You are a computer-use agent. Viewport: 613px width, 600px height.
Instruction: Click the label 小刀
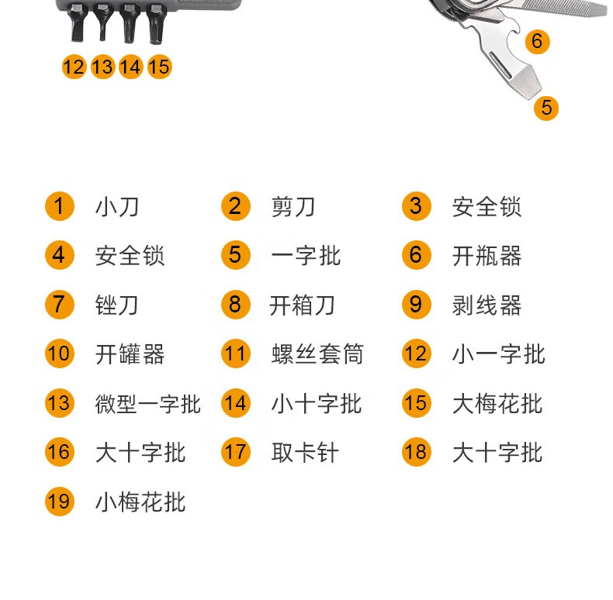(x=117, y=207)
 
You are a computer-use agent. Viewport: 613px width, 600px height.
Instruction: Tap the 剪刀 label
(x=293, y=207)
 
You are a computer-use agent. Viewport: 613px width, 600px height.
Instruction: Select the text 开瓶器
(x=487, y=256)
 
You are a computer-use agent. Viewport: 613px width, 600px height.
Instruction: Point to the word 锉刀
(x=117, y=305)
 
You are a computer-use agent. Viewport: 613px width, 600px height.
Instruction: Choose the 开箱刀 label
(x=302, y=305)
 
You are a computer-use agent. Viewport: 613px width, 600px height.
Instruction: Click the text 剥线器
(x=487, y=305)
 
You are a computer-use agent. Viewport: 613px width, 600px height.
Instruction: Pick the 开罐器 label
(x=130, y=354)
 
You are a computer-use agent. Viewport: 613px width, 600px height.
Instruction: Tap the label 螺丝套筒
(x=317, y=354)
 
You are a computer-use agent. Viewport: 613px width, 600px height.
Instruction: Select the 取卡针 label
(x=305, y=452)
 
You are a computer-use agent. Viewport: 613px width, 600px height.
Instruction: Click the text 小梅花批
(x=140, y=502)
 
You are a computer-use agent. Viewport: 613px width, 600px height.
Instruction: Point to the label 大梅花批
(x=497, y=403)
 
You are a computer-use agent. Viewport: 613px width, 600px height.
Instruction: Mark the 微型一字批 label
(x=148, y=403)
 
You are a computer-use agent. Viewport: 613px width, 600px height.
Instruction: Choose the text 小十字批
(x=316, y=403)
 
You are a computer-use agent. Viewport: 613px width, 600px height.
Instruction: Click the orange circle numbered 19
(x=59, y=502)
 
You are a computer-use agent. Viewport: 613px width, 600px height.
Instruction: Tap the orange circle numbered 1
(x=59, y=207)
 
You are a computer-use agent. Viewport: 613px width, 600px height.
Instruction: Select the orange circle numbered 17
(x=235, y=452)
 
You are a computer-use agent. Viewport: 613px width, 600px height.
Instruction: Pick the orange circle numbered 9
(x=416, y=305)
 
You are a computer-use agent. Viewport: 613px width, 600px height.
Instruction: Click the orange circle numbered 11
(x=235, y=354)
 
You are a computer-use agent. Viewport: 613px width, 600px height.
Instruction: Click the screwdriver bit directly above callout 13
(x=102, y=23)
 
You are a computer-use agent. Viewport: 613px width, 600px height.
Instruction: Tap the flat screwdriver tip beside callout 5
(x=527, y=84)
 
